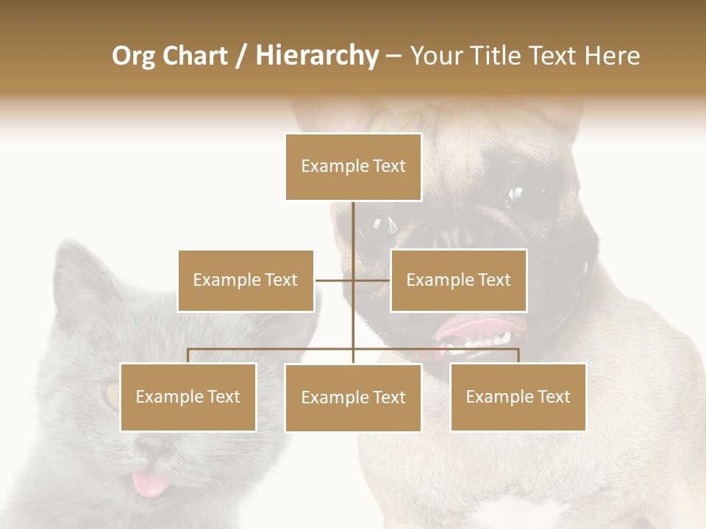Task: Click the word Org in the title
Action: click(x=133, y=56)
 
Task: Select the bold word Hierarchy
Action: click(x=316, y=56)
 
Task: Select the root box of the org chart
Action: click(x=353, y=167)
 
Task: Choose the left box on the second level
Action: click(x=246, y=280)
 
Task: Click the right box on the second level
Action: click(x=458, y=280)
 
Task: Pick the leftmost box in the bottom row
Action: click(x=188, y=397)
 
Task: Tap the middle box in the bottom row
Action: click(x=353, y=397)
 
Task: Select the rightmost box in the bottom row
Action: click(x=518, y=397)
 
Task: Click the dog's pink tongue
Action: click(x=478, y=326)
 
